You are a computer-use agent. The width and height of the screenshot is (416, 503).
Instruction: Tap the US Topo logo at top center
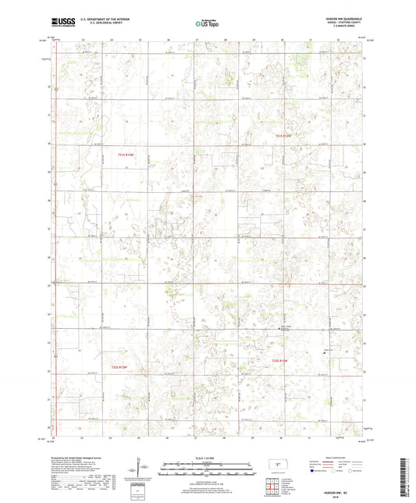(x=207, y=25)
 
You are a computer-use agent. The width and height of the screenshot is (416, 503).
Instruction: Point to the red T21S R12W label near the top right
(x=282, y=137)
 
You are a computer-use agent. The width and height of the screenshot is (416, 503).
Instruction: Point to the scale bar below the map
(x=207, y=472)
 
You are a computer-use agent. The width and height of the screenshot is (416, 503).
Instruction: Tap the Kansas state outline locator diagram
(x=277, y=468)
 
